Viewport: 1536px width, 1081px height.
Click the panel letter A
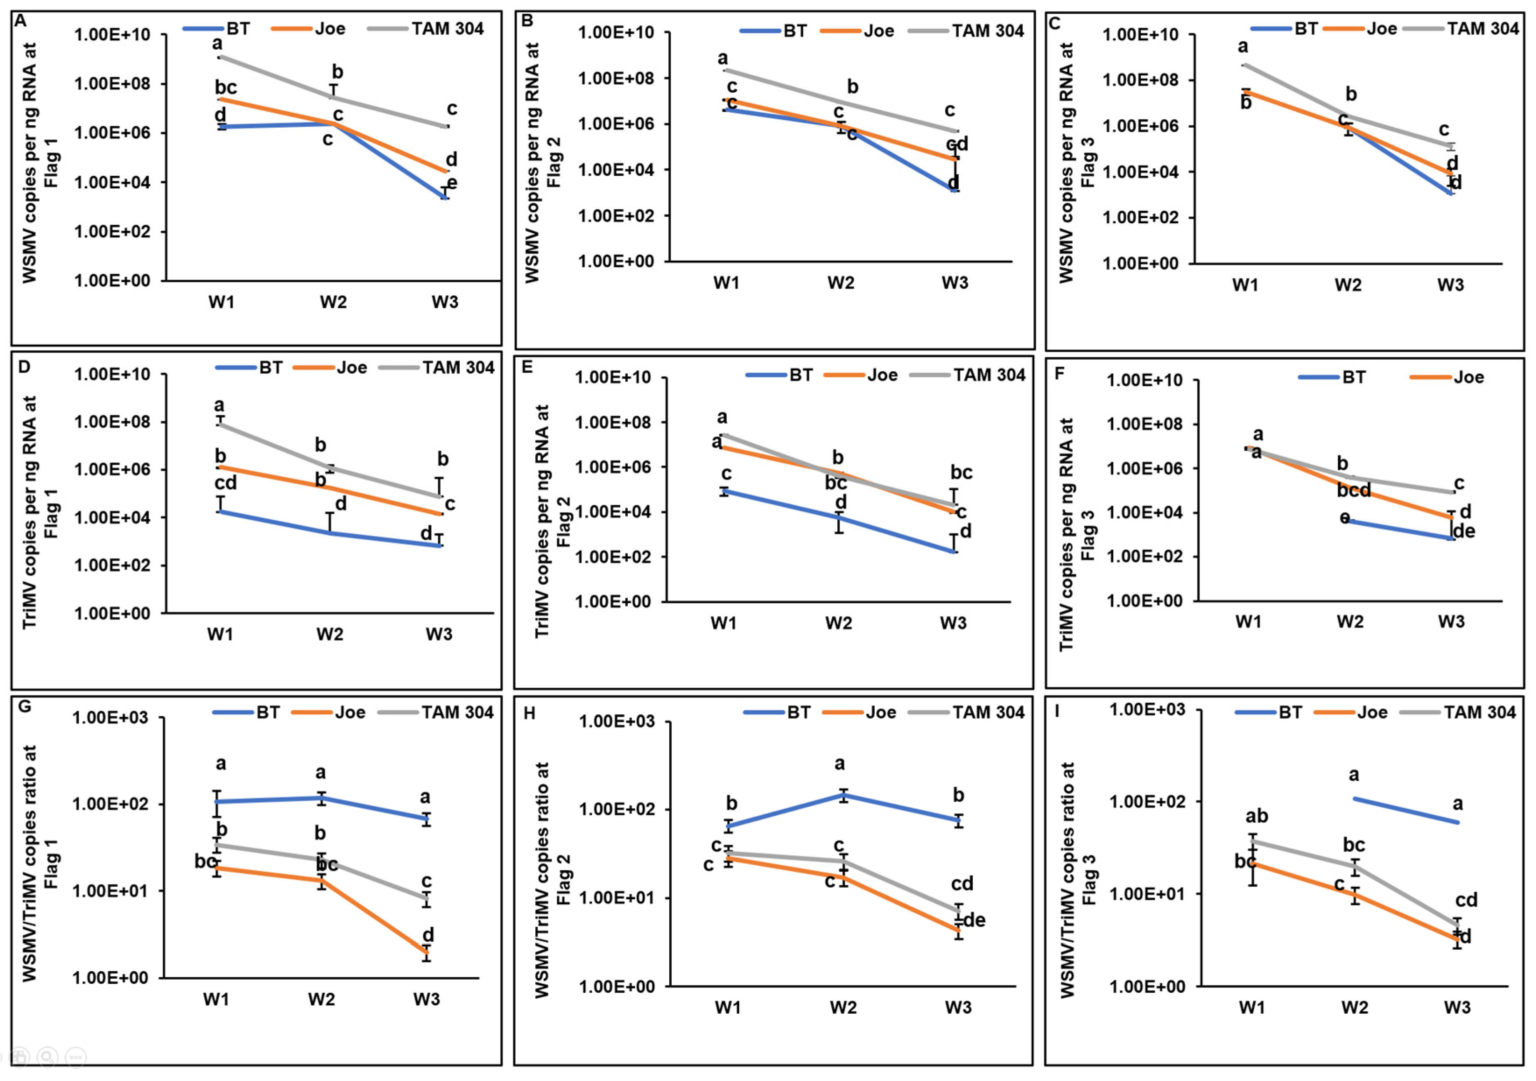(21, 21)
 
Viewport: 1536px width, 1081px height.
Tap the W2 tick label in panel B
(841, 283)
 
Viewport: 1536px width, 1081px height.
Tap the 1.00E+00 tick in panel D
(112, 613)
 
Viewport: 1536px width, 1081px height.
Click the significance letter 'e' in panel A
(452, 183)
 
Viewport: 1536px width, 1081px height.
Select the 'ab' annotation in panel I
(1256, 816)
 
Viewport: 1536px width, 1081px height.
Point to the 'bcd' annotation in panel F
(1354, 491)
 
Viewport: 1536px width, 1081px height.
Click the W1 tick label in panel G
(216, 1000)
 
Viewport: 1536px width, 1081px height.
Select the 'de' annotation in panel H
(974, 921)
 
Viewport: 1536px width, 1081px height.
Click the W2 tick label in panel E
(838, 624)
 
